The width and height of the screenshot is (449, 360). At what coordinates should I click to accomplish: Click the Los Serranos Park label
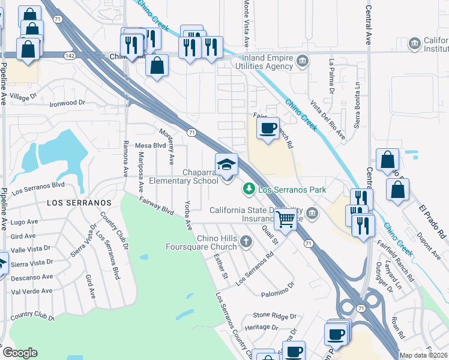point(292,190)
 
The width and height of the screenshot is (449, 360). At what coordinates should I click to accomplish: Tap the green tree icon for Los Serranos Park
point(248,190)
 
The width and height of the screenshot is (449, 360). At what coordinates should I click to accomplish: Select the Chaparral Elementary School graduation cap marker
point(227,164)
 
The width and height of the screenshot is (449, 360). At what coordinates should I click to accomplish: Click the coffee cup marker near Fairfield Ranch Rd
point(268,128)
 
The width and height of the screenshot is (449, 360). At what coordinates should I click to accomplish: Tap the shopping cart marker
point(286,220)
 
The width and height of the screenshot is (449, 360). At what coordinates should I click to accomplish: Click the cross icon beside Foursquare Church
point(245,241)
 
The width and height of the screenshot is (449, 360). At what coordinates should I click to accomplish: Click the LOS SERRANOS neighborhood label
point(80,203)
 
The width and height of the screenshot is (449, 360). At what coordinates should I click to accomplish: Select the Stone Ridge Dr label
point(275,315)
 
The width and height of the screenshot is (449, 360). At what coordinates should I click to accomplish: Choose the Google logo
point(20,353)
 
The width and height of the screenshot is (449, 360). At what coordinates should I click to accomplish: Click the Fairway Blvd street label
point(156,206)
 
